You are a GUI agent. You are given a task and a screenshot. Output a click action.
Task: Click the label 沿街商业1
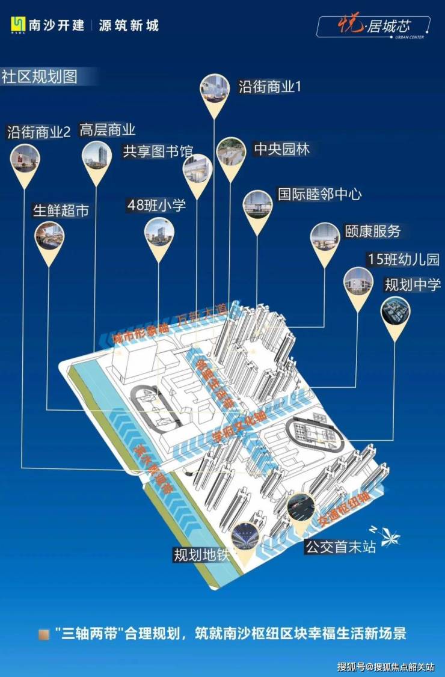pyautogui.click(x=269, y=87)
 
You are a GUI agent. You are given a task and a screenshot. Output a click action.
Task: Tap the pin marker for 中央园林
pyautogui.click(x=232, y=155)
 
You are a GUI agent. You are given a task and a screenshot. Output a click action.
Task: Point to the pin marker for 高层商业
pyautogui.click(x=97, y=158)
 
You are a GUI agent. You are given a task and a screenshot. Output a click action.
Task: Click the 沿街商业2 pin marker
pyautogui.click(x=25, y=161)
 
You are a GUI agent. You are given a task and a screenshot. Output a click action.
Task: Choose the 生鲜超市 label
pyautogui.click(x=61, y=210)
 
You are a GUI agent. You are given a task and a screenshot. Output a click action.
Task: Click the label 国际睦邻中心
pyautogui.click(x=320, y=194)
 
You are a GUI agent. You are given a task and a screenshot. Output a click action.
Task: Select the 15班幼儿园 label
pyautogui.click(x=404, y=260)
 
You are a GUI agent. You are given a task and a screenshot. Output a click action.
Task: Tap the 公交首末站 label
pyautogui.click(x=340, y=547)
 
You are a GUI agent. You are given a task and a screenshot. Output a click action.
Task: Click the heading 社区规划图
pyautogui.click(x=40, y=78)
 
